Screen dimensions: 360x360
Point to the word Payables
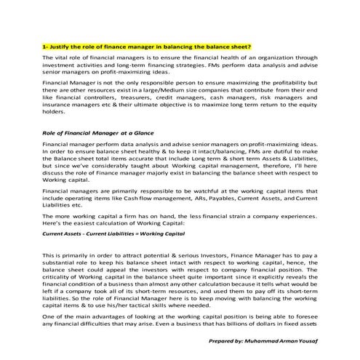(x=247, y=218)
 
